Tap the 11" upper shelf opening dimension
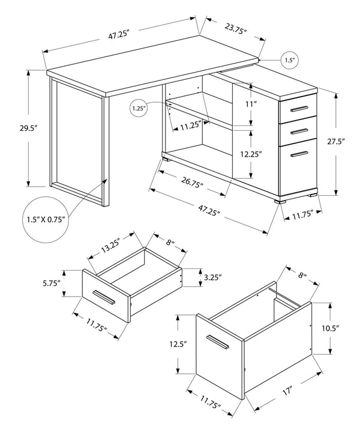tap(251, 104)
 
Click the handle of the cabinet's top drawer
tap(299, 109)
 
